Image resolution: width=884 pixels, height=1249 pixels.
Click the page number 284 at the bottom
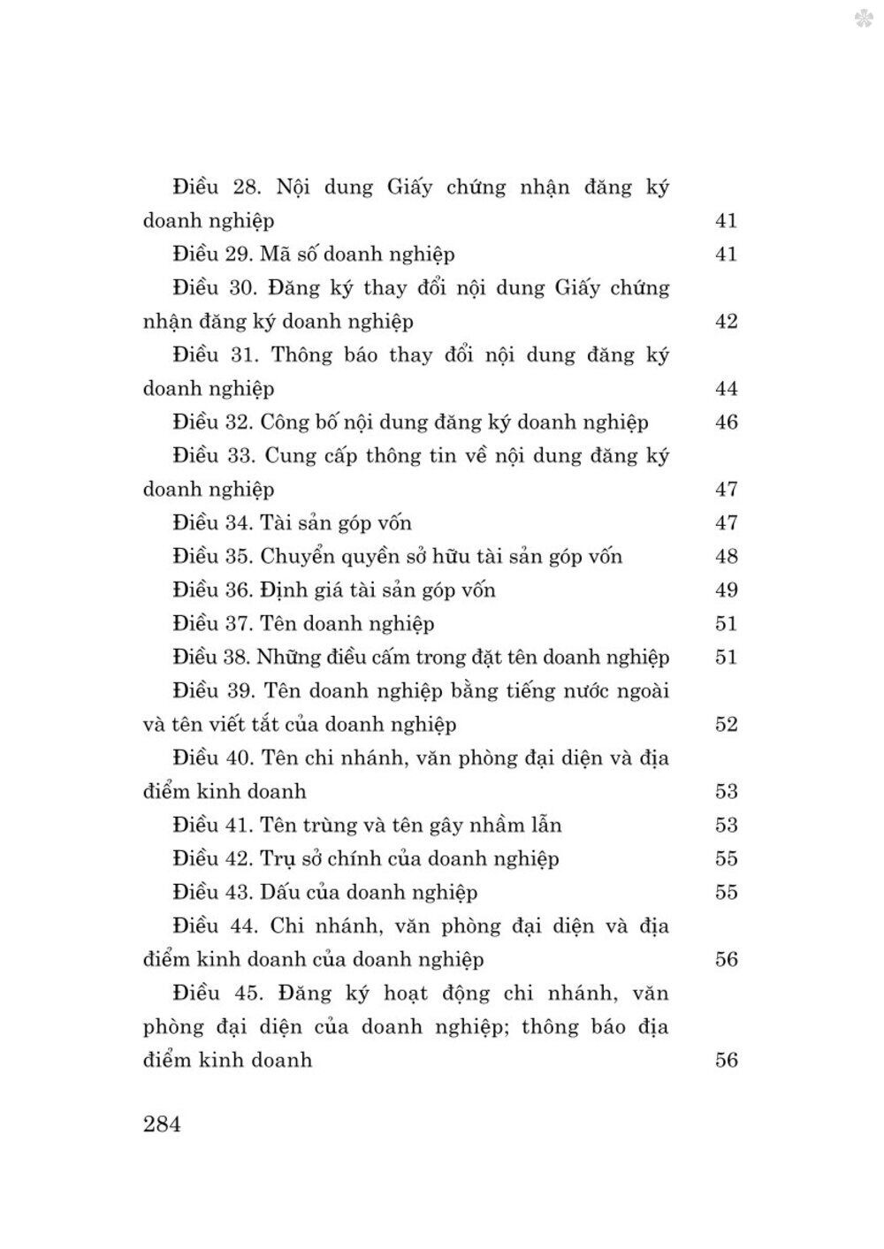[161, 1125]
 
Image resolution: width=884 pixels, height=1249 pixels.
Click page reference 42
[726, 322]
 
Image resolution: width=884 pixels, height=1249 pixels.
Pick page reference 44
[726, 389]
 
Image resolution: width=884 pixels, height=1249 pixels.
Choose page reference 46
[726, 423]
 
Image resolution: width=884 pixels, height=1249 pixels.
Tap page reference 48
[726, 557]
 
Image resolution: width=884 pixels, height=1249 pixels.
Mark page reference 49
[726, 590]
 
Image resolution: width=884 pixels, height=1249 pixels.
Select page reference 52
[726, 725]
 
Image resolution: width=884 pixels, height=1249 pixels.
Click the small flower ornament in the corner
[865, 19]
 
